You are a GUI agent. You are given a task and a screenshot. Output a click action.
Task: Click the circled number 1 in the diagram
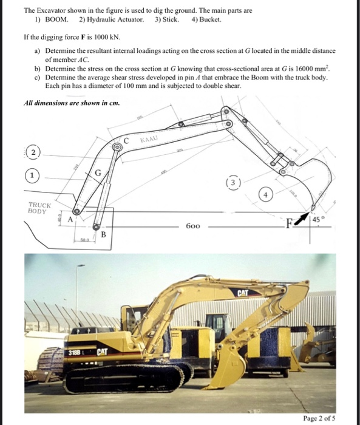29,177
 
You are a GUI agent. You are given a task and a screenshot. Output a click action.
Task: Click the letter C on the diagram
126,140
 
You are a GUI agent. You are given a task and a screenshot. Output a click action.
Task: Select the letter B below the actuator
103,235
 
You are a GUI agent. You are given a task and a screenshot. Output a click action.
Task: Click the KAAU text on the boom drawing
149,140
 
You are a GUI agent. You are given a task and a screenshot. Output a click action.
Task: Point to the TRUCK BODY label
39,208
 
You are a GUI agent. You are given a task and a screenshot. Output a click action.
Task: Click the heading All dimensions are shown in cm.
72,103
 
